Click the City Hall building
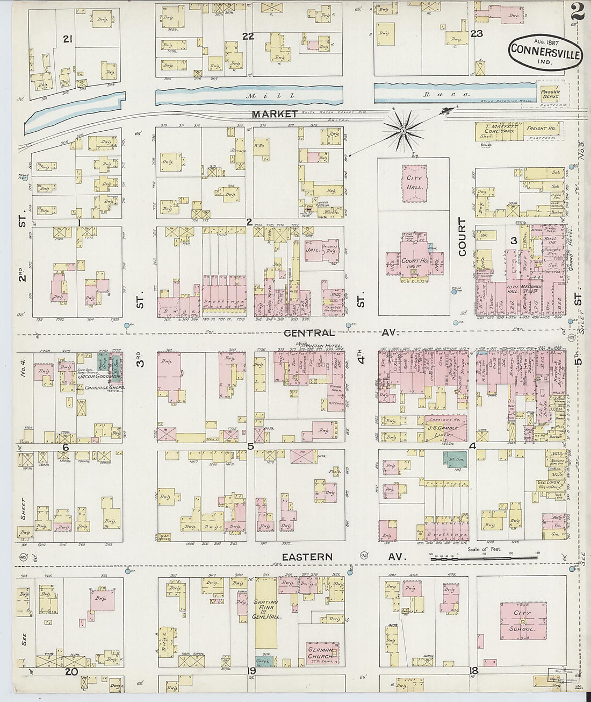point(414,183)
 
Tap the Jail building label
point(311,249)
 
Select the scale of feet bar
point(484,559)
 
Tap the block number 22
point(248,36)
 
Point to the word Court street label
point(462,237)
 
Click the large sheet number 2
point(578,11)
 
